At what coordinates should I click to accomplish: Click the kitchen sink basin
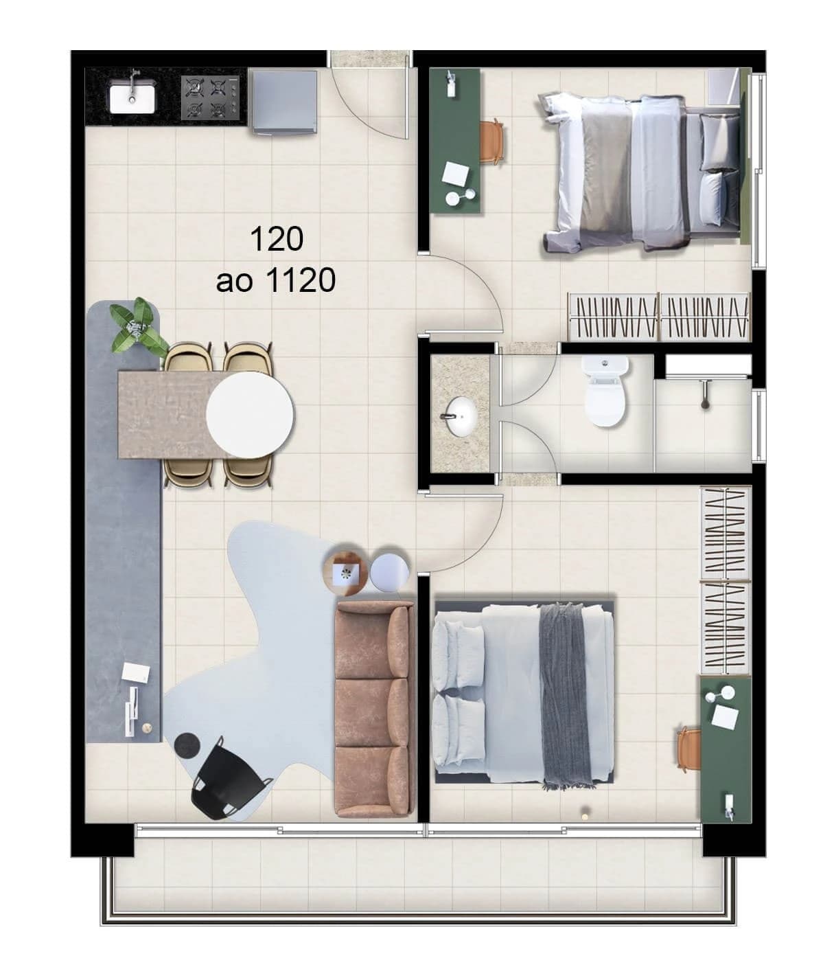click(x=132, y=96)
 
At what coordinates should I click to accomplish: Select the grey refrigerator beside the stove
click(x=283, y=101)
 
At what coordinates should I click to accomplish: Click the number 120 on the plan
click(x=277, y=239)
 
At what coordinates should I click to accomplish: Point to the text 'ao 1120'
click(x=276, y=280)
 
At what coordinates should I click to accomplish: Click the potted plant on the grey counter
click(x=139, y=327)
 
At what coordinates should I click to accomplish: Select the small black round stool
click(x=186, y=744)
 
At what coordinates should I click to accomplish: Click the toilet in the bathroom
click(x=604, y=393)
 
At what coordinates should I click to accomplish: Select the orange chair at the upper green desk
click(x=494, y=141)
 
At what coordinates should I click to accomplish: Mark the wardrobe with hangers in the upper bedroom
click(x=658, y=317)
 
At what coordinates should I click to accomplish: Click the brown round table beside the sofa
click(x=345, y=569)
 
